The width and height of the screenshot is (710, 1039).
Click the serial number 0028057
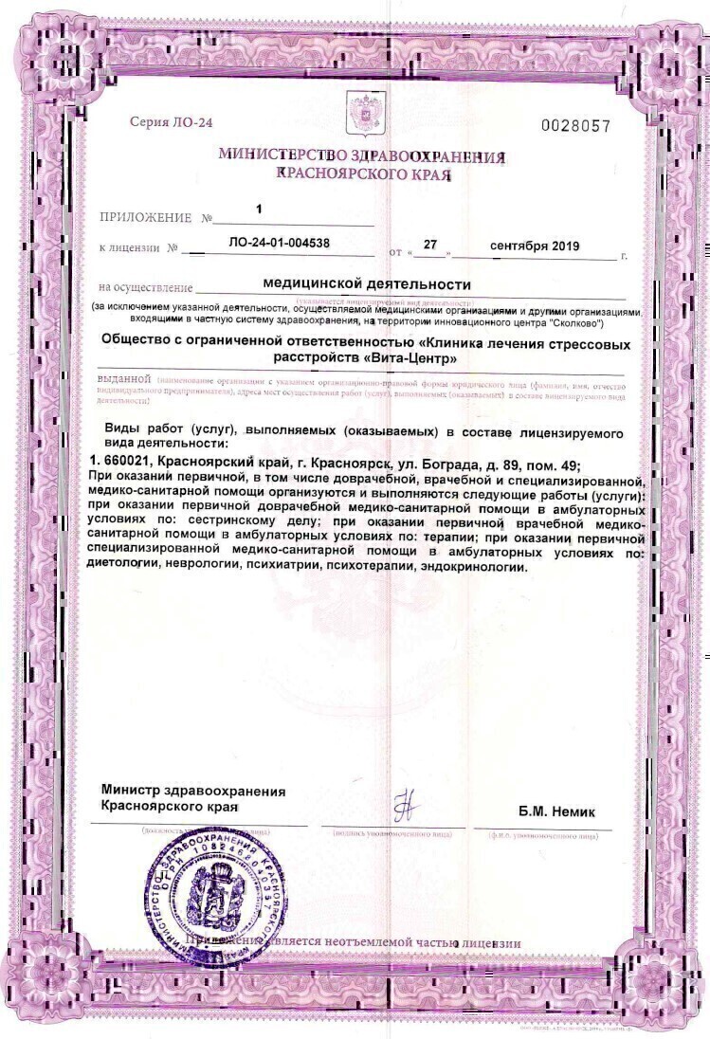(575, 126)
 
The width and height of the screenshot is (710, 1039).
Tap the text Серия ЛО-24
(171, 122)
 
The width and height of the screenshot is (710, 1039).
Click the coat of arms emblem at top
(359, 111)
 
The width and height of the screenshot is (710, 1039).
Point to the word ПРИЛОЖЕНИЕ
(145, 218)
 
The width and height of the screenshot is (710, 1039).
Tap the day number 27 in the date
(430, 244)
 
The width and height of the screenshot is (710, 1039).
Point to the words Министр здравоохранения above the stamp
(193, 791)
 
